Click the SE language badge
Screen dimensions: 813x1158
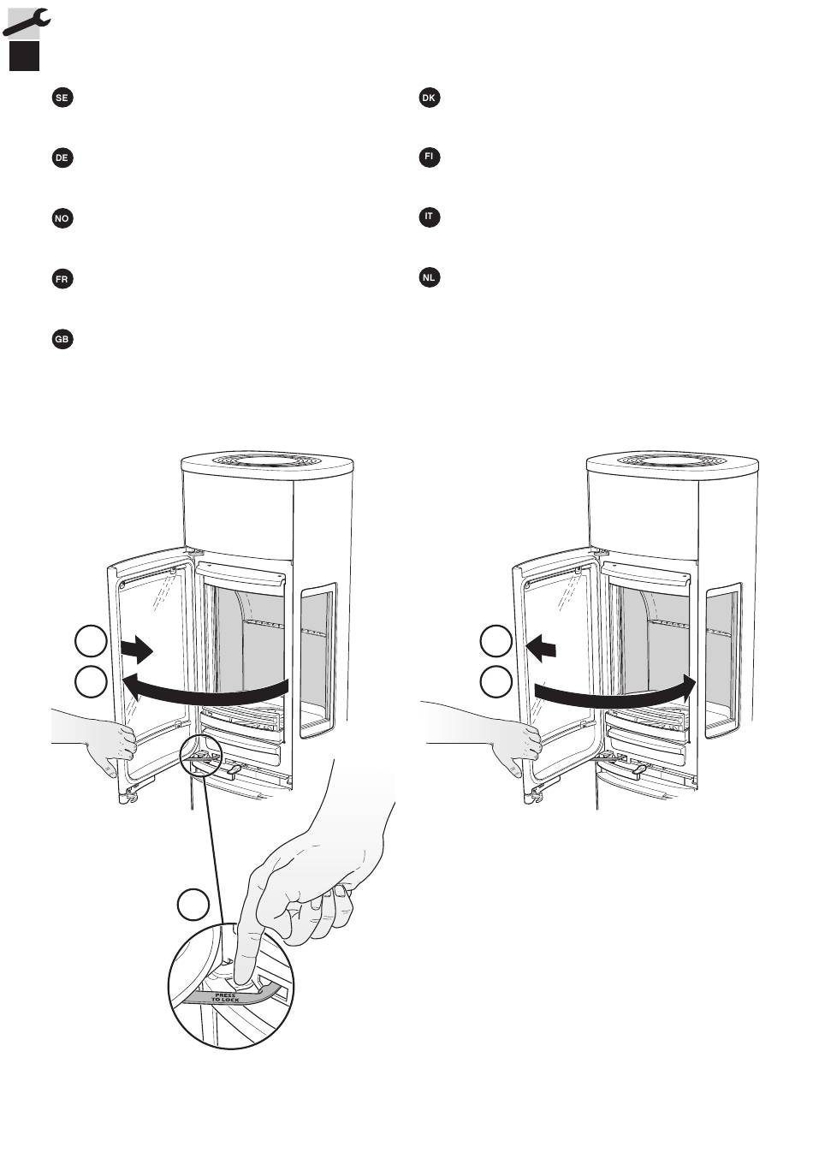click(x=62, y=98)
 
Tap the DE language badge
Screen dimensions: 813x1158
click(x=62, y=158)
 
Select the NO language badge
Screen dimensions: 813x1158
click(x=62, y=219)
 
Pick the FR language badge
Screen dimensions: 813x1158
click(x=62, y=280)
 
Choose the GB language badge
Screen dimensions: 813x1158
click(x=62, y=340)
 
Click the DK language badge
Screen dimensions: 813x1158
click(x=430, y=98)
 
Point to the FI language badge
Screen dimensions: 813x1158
click(x=430, y=158)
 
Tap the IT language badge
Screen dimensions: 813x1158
click(x=430, y=217)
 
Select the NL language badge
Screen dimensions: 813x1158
click(x=430, y=277)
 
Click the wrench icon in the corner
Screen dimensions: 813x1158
click(x=26, y=21)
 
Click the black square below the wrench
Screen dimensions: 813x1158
click(x=25, y=56)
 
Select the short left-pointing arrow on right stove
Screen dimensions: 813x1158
click(x=541, y=650)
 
